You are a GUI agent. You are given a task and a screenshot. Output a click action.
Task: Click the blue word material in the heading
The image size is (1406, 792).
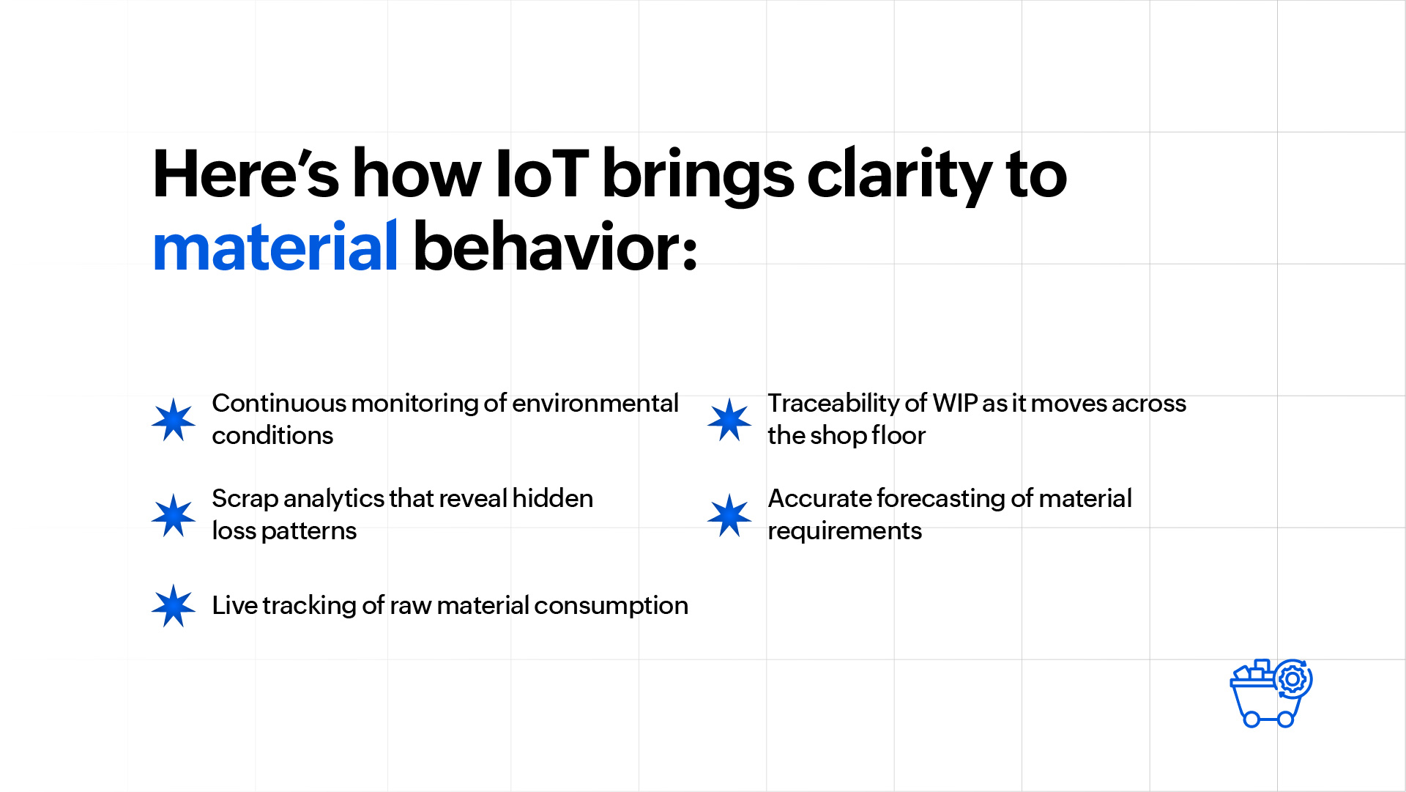click(275, 247)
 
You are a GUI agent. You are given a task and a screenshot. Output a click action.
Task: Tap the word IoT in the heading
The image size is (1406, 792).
click(542, 174)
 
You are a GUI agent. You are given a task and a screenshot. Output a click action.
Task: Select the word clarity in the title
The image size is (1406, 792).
click(899, 177)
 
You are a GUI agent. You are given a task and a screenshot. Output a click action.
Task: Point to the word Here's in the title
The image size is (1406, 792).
click(245, 174)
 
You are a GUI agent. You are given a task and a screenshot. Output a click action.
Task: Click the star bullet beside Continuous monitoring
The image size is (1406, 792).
click(174, 420)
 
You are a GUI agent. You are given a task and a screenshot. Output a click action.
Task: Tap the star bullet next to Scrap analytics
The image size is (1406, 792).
click(174, 515)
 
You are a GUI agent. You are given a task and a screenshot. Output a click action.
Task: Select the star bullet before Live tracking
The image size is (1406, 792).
click(174, 606)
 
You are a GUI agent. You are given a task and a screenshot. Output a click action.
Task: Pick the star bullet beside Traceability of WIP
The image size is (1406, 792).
click(729, 420)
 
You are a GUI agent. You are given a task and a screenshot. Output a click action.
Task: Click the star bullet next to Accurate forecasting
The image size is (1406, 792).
click(729, 515)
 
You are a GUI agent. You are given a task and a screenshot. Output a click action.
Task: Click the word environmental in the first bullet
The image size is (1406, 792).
click(595, 403)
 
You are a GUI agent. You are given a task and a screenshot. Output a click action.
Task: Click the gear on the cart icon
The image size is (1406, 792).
click(1292, 679)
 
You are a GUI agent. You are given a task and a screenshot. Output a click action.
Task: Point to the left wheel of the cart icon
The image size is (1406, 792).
click(1251, 719)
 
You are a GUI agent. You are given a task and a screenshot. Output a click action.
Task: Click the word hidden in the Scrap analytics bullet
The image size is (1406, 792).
click(553, 498)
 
